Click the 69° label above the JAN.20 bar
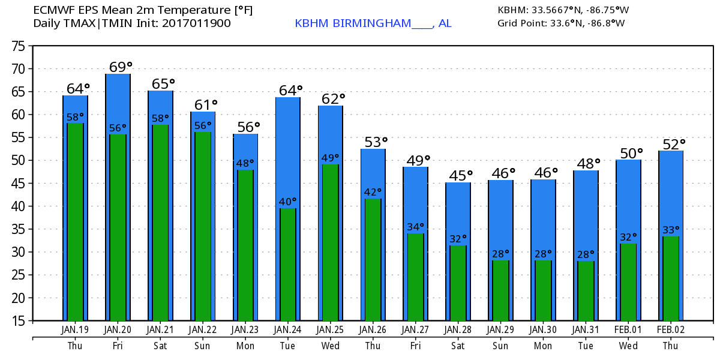[x=120, y=67]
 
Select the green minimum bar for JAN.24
[x=288, y=264]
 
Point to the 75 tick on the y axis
[x=18, y=46]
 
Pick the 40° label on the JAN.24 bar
[x=288, y=202]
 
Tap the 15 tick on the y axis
[x=18, y=320]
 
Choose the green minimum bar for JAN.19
[x=76, y=222]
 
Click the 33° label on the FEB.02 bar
[x=671, y=229]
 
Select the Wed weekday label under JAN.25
[x=331, y=346]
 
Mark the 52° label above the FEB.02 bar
[x=673, y=144]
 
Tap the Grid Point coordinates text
[x=561, y=23]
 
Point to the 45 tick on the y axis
[x=18, y=184]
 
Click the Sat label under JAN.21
[x=160, y=346]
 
